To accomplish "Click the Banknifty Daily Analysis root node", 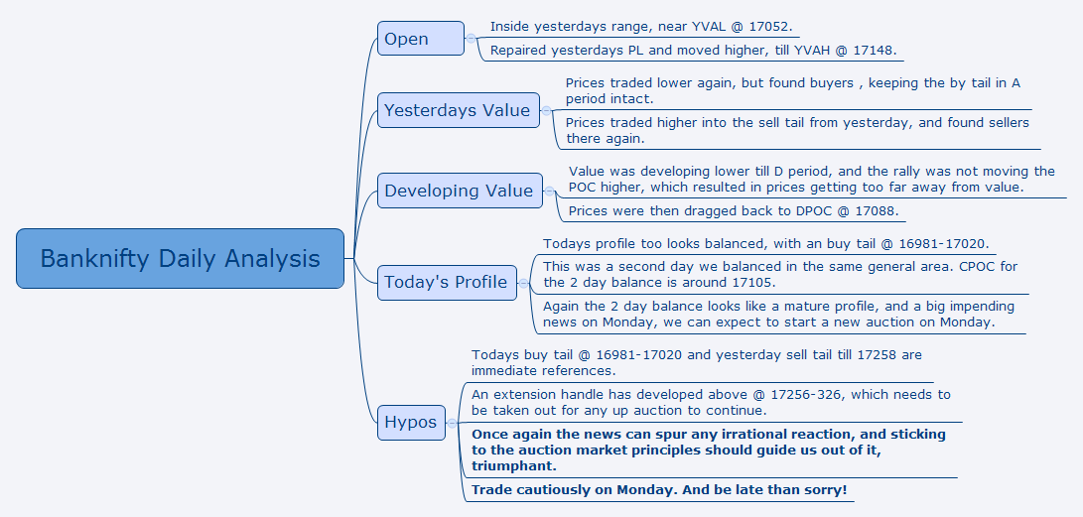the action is click(x=180, y=258).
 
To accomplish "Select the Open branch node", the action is click(x=421, y=39).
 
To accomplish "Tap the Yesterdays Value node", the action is click(x=458, y=110).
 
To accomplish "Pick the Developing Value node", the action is click(x=460, y=191).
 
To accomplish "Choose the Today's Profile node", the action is click(x=447, y=282).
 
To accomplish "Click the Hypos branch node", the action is click(x=411, y=423).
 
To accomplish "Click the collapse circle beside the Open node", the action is click(x=472, y=39).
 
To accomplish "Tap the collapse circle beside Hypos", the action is click(x=452, y=423).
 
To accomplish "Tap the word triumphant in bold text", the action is click(x=514, y=466).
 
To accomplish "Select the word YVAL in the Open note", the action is click(x=710, y=27).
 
